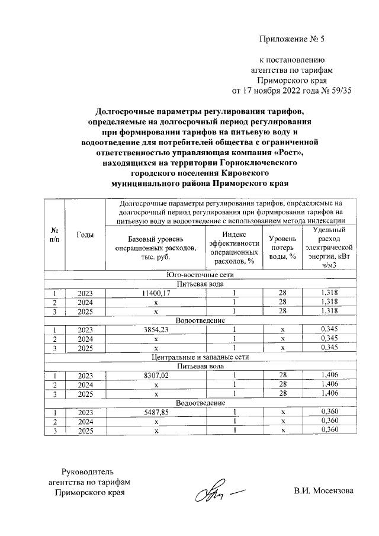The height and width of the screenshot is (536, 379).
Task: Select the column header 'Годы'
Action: (85, 235)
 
